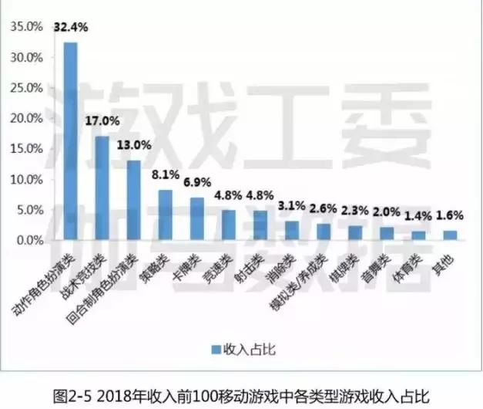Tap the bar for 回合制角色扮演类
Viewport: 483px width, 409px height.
coord(133,201)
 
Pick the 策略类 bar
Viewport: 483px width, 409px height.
coord(165,215)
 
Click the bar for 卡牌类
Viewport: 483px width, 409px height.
coord(196,219)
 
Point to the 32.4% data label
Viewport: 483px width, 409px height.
coord(71,27)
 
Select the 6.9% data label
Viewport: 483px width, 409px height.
coord(196,183)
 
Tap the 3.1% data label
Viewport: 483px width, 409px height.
coord(291,204)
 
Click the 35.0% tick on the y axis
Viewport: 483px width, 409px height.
coord(27,27)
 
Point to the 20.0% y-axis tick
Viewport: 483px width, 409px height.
coord(27,118)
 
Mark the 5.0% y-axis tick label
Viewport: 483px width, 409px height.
coord(29,210)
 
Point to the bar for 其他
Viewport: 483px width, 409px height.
coord(449,235)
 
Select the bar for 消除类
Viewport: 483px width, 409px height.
coord(291,231)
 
